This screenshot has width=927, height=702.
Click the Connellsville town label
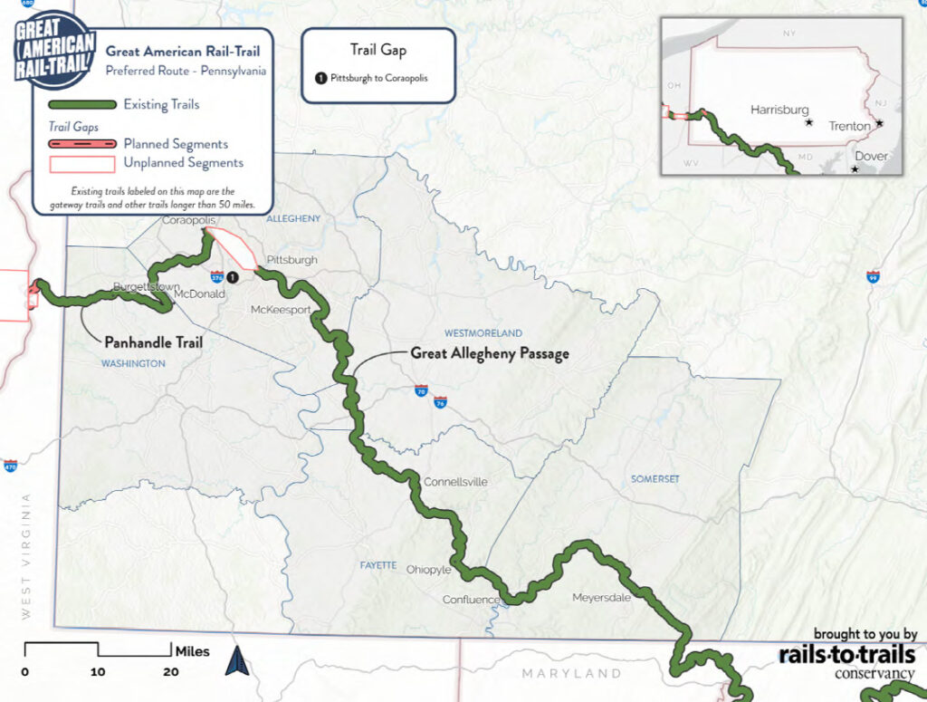pyautogui.click(x=455, y=482)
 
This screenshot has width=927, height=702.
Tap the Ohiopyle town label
pyautogui.click(x=428, y=570)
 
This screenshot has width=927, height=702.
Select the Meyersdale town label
pyautogui.click(x=599, y=597)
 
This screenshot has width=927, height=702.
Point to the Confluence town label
pyautogui.click(x=471, y=600)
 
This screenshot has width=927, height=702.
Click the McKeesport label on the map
pyautogui.click(x=281, y=310)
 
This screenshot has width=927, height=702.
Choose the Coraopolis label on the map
pyautogui.click(x=185, y=220)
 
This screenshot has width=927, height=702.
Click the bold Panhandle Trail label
pyautogui.click(x=153, y=342)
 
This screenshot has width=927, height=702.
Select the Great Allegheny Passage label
pyautogui.click(x=490, y=353)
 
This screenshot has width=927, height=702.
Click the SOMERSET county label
pyautogui.click(x=655, y=478)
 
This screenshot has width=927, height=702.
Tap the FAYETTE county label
pyautogui.click(x=378, y=565)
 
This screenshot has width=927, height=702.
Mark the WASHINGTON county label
pyautogui.click(x=133, y=363)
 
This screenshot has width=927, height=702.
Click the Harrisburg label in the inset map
pyautogui.click(x=779, y=110)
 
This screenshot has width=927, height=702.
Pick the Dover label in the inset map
pyautogui.click(x=871, y=156)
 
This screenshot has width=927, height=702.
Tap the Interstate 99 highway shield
pyautogui.click(x=873, y=277)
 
